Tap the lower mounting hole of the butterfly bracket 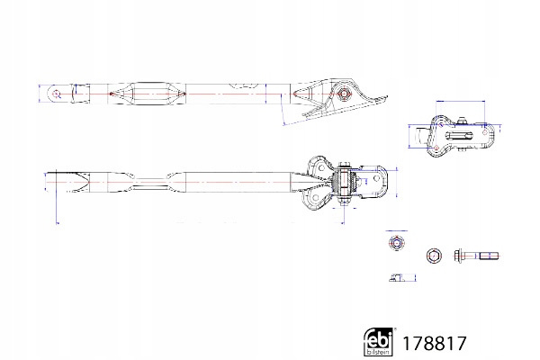click(x=316, y=200)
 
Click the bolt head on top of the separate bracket click(x=459, y=122)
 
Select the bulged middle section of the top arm click(x=144, y=93)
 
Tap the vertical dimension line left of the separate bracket click(x=410, y=137)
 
